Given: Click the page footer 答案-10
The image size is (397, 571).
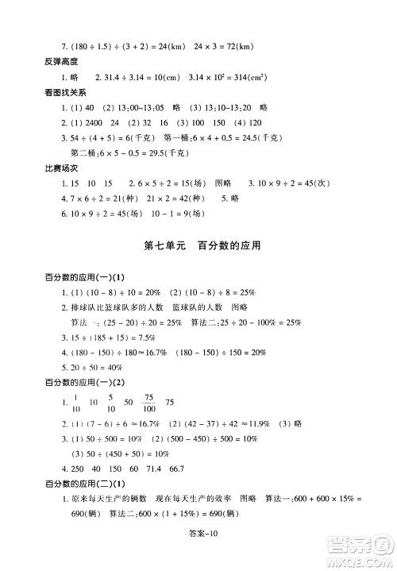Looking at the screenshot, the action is click(198, 553).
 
